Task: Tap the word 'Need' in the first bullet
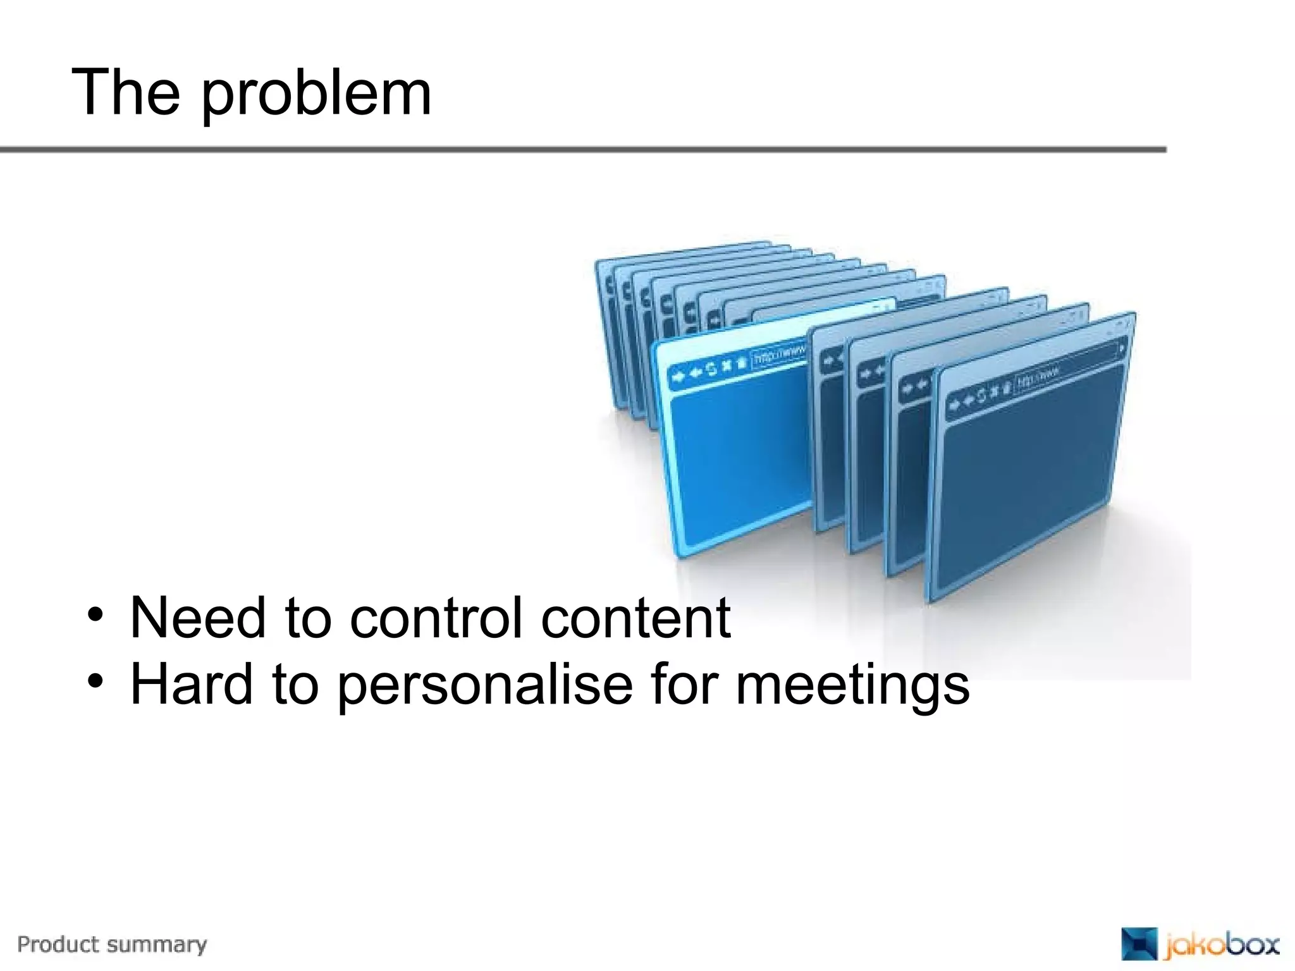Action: (197, 618)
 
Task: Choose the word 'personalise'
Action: (485, 685)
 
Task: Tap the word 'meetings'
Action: (852, 687)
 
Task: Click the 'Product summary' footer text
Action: (112, 944)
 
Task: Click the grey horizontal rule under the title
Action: (582, 150)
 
